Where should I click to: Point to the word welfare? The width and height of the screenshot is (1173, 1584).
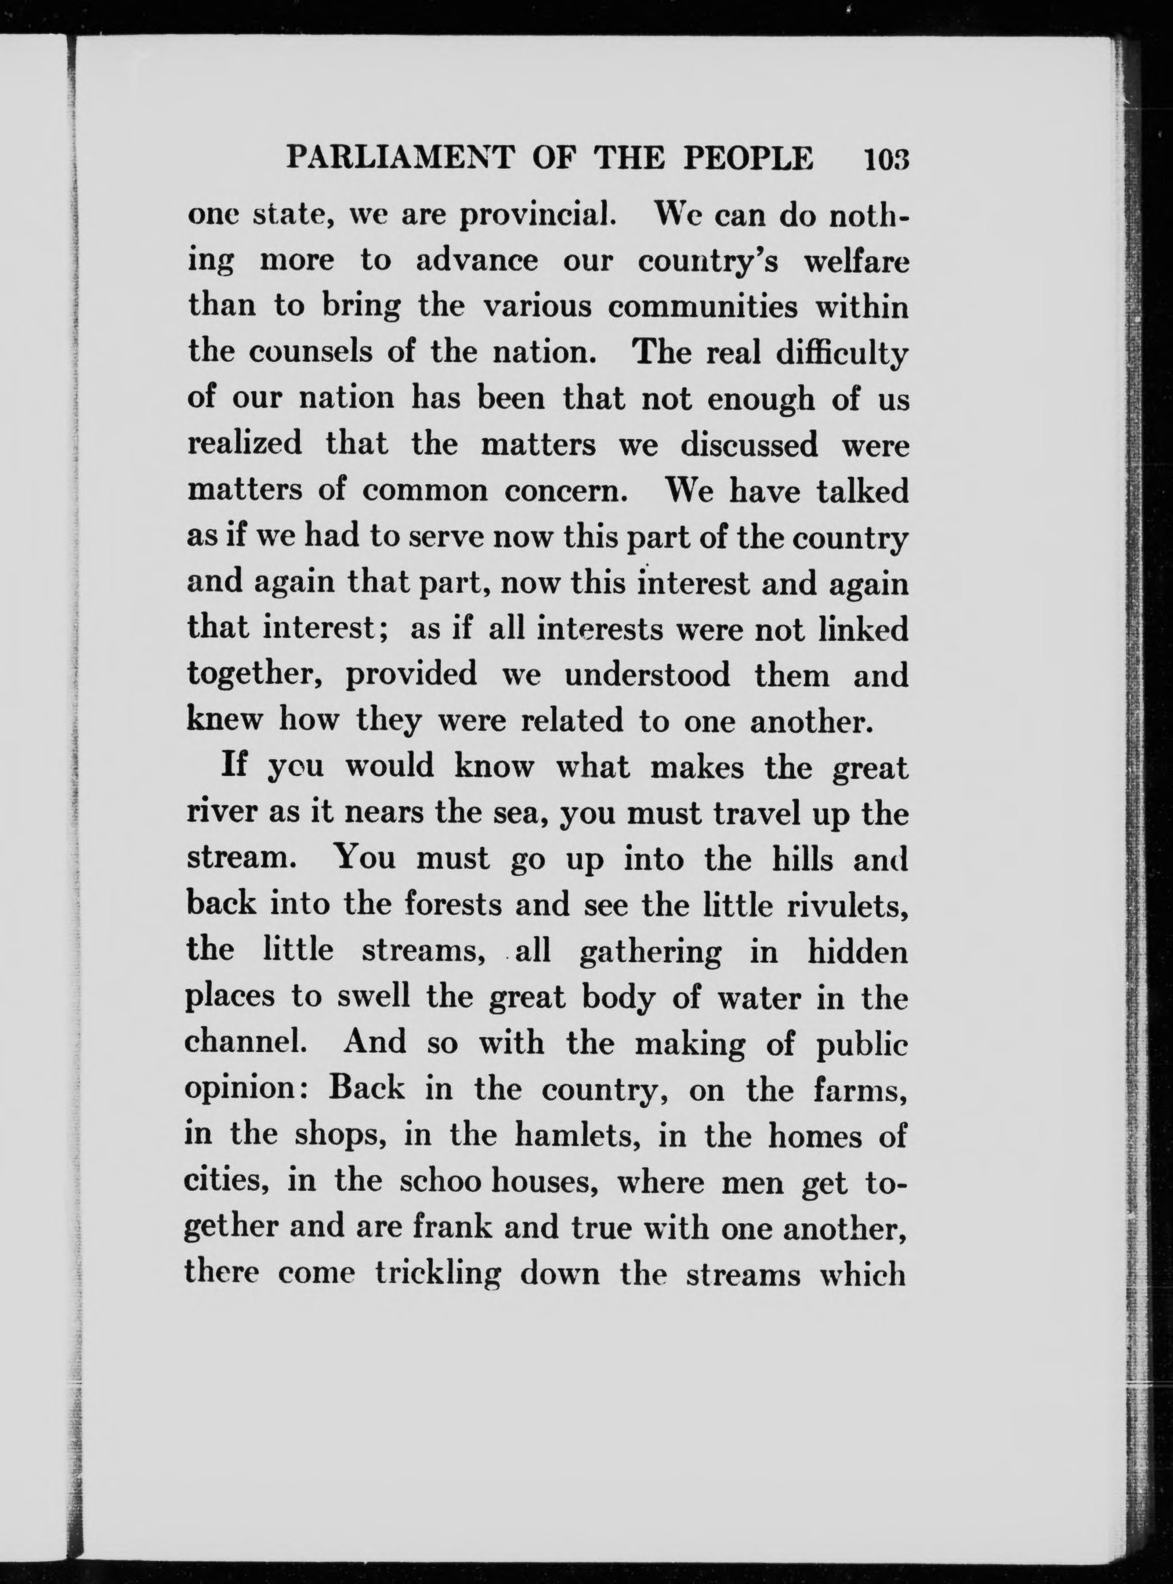pos(856,261)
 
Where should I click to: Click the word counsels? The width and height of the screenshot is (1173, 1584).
pos(314,353)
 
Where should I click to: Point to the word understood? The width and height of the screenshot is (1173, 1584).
pos(647,675)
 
